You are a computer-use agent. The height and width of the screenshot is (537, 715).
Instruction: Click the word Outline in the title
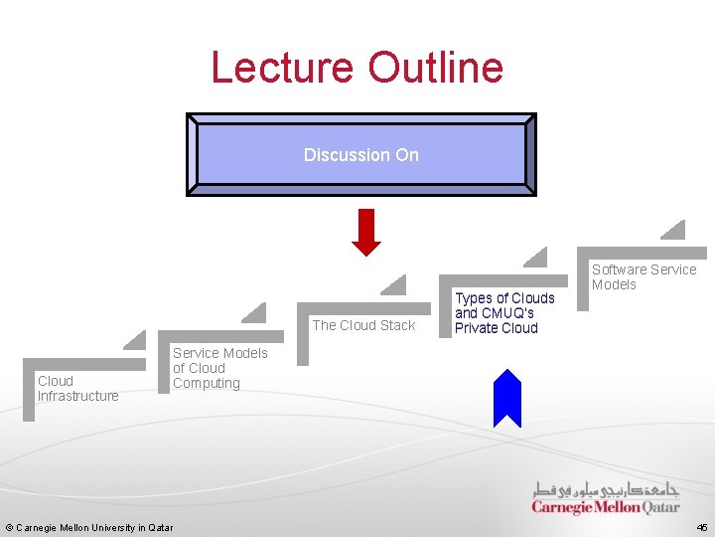(x=436, y=68)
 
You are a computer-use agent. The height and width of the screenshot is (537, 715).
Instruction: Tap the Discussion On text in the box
(x=361, y=155)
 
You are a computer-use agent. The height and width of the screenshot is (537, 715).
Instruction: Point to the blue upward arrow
(x=507, y=397)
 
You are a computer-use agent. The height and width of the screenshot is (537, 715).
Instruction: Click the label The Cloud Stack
(x=363, y=325)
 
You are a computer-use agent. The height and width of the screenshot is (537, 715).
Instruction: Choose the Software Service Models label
(x=643, y=276)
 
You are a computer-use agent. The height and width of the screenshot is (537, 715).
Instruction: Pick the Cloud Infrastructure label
(x=77, y=388)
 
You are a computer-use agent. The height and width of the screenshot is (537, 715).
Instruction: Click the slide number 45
(x=702, y=527)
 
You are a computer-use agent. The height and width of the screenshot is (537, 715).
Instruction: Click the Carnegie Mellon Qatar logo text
(x=606, y=507)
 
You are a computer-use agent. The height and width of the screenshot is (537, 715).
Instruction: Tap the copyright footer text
(x=89, y=527)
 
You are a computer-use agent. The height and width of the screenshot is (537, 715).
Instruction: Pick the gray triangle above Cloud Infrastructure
(x=136, y=341)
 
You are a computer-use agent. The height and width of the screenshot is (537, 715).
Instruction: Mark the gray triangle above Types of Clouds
(x=537, y=259)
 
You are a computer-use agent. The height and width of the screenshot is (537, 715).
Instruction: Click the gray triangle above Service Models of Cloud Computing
(x=256, y=314)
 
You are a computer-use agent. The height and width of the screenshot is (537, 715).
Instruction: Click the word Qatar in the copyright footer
(x=160, y=527)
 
